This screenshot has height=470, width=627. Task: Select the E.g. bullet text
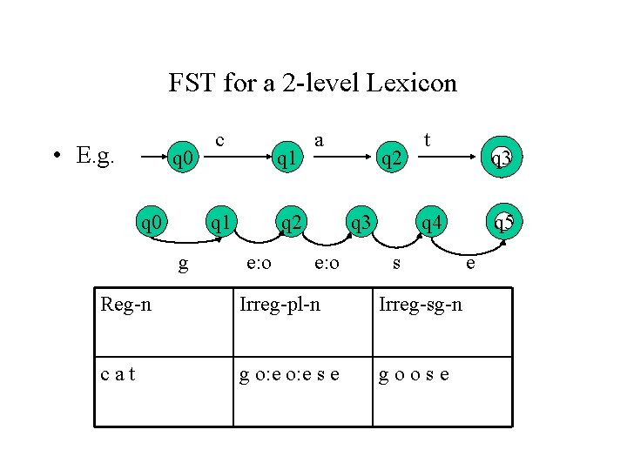[x=96, y=156]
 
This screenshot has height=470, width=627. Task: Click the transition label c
[x=220, y=139]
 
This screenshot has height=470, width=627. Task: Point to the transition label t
[x=427, y=139]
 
